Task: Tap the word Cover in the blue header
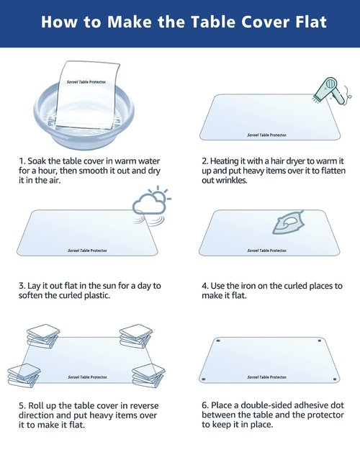coord(264,22)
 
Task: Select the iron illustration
coord(288,222)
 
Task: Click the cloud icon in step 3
coord(148,204)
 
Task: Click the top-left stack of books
coord(43,336)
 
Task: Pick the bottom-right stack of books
coord(148,375)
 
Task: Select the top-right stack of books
coord(136,336)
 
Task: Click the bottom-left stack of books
coord(24,375)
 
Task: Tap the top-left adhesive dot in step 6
coord(218,341)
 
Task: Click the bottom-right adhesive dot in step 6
coord(335,379)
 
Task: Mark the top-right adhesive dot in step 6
coord(320,341)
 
